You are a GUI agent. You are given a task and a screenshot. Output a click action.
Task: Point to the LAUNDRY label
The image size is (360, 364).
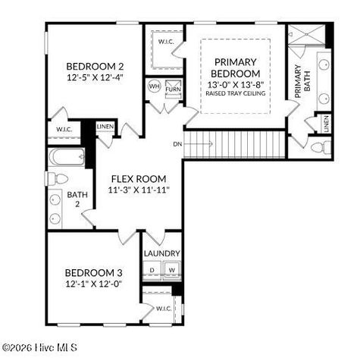162,253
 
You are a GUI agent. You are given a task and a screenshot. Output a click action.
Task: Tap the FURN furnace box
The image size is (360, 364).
172,88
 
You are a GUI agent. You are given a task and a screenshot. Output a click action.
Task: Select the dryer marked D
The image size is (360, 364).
153,270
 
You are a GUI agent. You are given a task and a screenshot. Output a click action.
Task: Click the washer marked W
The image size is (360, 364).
171,270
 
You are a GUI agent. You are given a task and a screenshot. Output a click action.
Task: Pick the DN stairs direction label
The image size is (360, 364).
177,143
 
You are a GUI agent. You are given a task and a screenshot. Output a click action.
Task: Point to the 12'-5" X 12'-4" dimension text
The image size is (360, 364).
95,77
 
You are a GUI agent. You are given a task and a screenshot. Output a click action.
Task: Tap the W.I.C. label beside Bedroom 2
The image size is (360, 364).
64,130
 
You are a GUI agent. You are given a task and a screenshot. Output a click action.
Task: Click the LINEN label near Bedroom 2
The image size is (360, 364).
105,126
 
